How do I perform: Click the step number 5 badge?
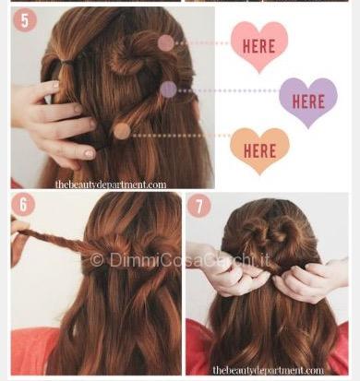coord(25,20)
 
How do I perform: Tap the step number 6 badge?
coord(23,204)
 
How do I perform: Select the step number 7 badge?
coord(199,206)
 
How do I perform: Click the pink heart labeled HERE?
coord(259,46)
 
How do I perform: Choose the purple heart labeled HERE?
coord(308,101)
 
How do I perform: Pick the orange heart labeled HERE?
coord(259,150)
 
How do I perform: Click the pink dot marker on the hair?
coord(166,43)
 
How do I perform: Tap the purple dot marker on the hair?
coord(168,89)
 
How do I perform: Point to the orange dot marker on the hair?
coord(122,131)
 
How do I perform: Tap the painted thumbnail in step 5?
coord(90,153)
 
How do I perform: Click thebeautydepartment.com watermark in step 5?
coord(111,185)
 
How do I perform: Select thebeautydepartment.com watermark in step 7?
coord(268,370)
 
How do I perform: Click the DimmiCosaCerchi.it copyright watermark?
coord(180,260)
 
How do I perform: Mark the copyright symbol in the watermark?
coord(97,261)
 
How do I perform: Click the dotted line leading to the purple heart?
coord(228,90)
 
